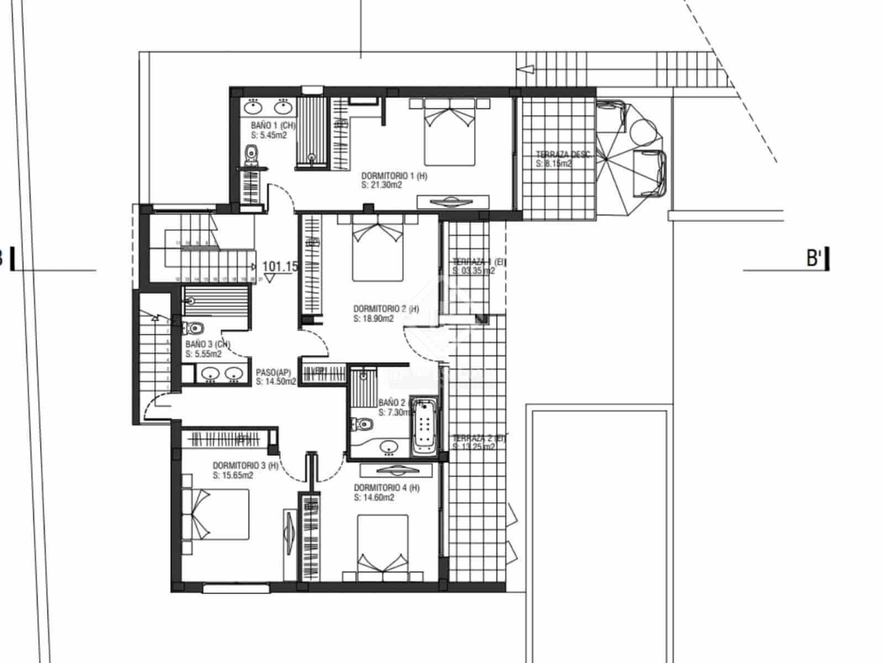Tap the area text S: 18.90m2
373,319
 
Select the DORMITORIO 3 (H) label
245,466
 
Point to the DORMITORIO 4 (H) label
386,488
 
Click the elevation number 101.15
280,266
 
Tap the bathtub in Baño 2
424,425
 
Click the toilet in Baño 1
251,154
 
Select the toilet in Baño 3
193,328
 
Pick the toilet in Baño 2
362,424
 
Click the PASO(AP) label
273,372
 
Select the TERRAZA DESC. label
563,155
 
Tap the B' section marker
815,258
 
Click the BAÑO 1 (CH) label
273,125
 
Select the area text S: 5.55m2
203,354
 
